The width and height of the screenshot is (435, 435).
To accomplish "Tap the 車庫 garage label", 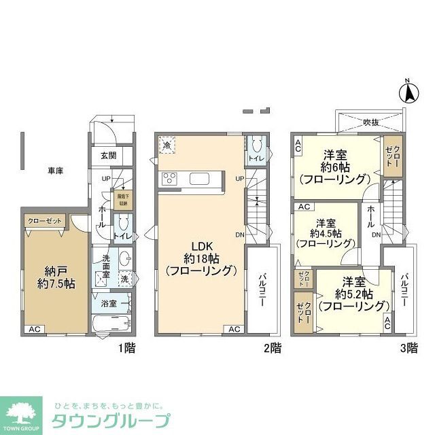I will pyautogui.click(x=56, y=171).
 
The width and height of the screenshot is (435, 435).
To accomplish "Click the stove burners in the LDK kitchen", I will pyautogui.click(x=169, y=179).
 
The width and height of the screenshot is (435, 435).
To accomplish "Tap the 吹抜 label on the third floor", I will pyautogui.click(x=370, y=122).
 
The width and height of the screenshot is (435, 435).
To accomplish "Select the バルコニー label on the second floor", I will pyautogui.click(x=261, y=290).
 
